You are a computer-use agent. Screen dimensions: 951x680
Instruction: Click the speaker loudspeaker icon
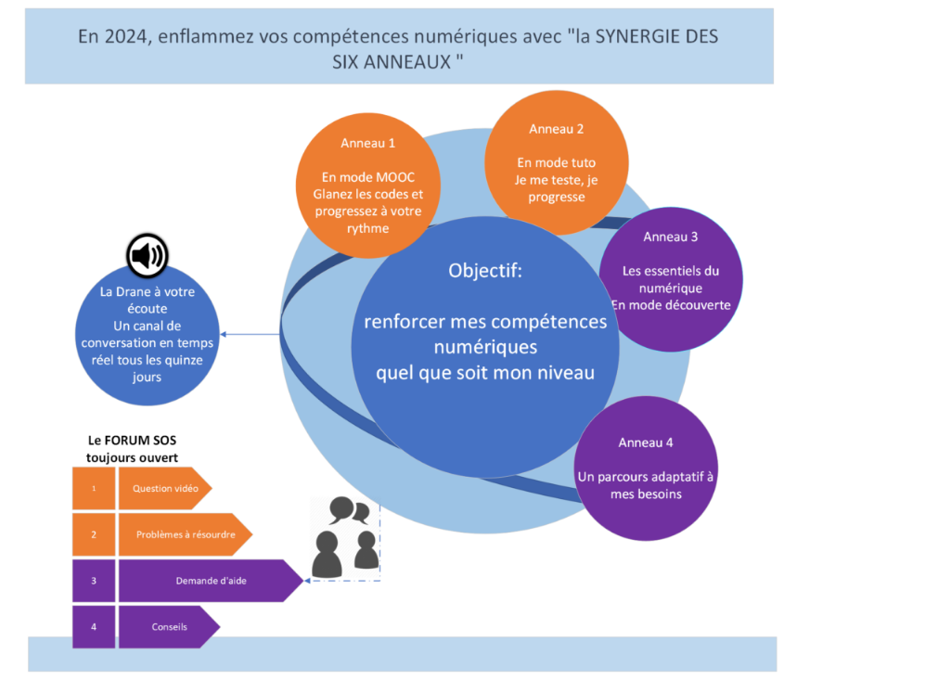click(x=148, y=255)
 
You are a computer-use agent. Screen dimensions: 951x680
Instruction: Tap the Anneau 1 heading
click(x=367, y=143)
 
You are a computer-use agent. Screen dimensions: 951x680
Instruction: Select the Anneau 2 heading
click(x=556, y=129)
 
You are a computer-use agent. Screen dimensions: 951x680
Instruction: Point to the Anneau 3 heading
click(x=670, y=237)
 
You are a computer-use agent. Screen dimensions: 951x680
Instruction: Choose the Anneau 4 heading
click(x=646, y=443)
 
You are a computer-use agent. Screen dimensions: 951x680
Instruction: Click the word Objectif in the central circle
click(x=484, y=271)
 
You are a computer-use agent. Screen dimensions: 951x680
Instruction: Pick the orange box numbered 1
click(x=94, y=488)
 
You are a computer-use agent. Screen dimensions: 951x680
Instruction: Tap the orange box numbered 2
click(x=94, y=534)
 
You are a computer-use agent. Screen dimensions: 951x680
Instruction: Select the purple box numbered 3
click(x=94, y=581)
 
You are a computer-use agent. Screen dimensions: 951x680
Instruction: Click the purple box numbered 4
click(x=94, y=626)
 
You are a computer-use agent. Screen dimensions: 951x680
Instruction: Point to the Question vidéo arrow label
click(x=165, y=488)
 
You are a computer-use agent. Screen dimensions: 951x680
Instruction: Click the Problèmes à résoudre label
click(x=186, y=534)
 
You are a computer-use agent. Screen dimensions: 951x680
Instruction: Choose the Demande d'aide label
click(x=211, y=581)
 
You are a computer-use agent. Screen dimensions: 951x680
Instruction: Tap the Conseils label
click(x=169, y=626)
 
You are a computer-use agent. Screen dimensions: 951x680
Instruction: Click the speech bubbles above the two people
click(x=349, y=510)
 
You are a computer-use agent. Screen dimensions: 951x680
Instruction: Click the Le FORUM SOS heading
click(x=132, y=441)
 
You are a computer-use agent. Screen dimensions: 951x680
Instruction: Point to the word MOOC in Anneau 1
click(x=394, y=177)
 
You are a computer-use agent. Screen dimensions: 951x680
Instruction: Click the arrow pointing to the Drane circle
click(x=250, y=334)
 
